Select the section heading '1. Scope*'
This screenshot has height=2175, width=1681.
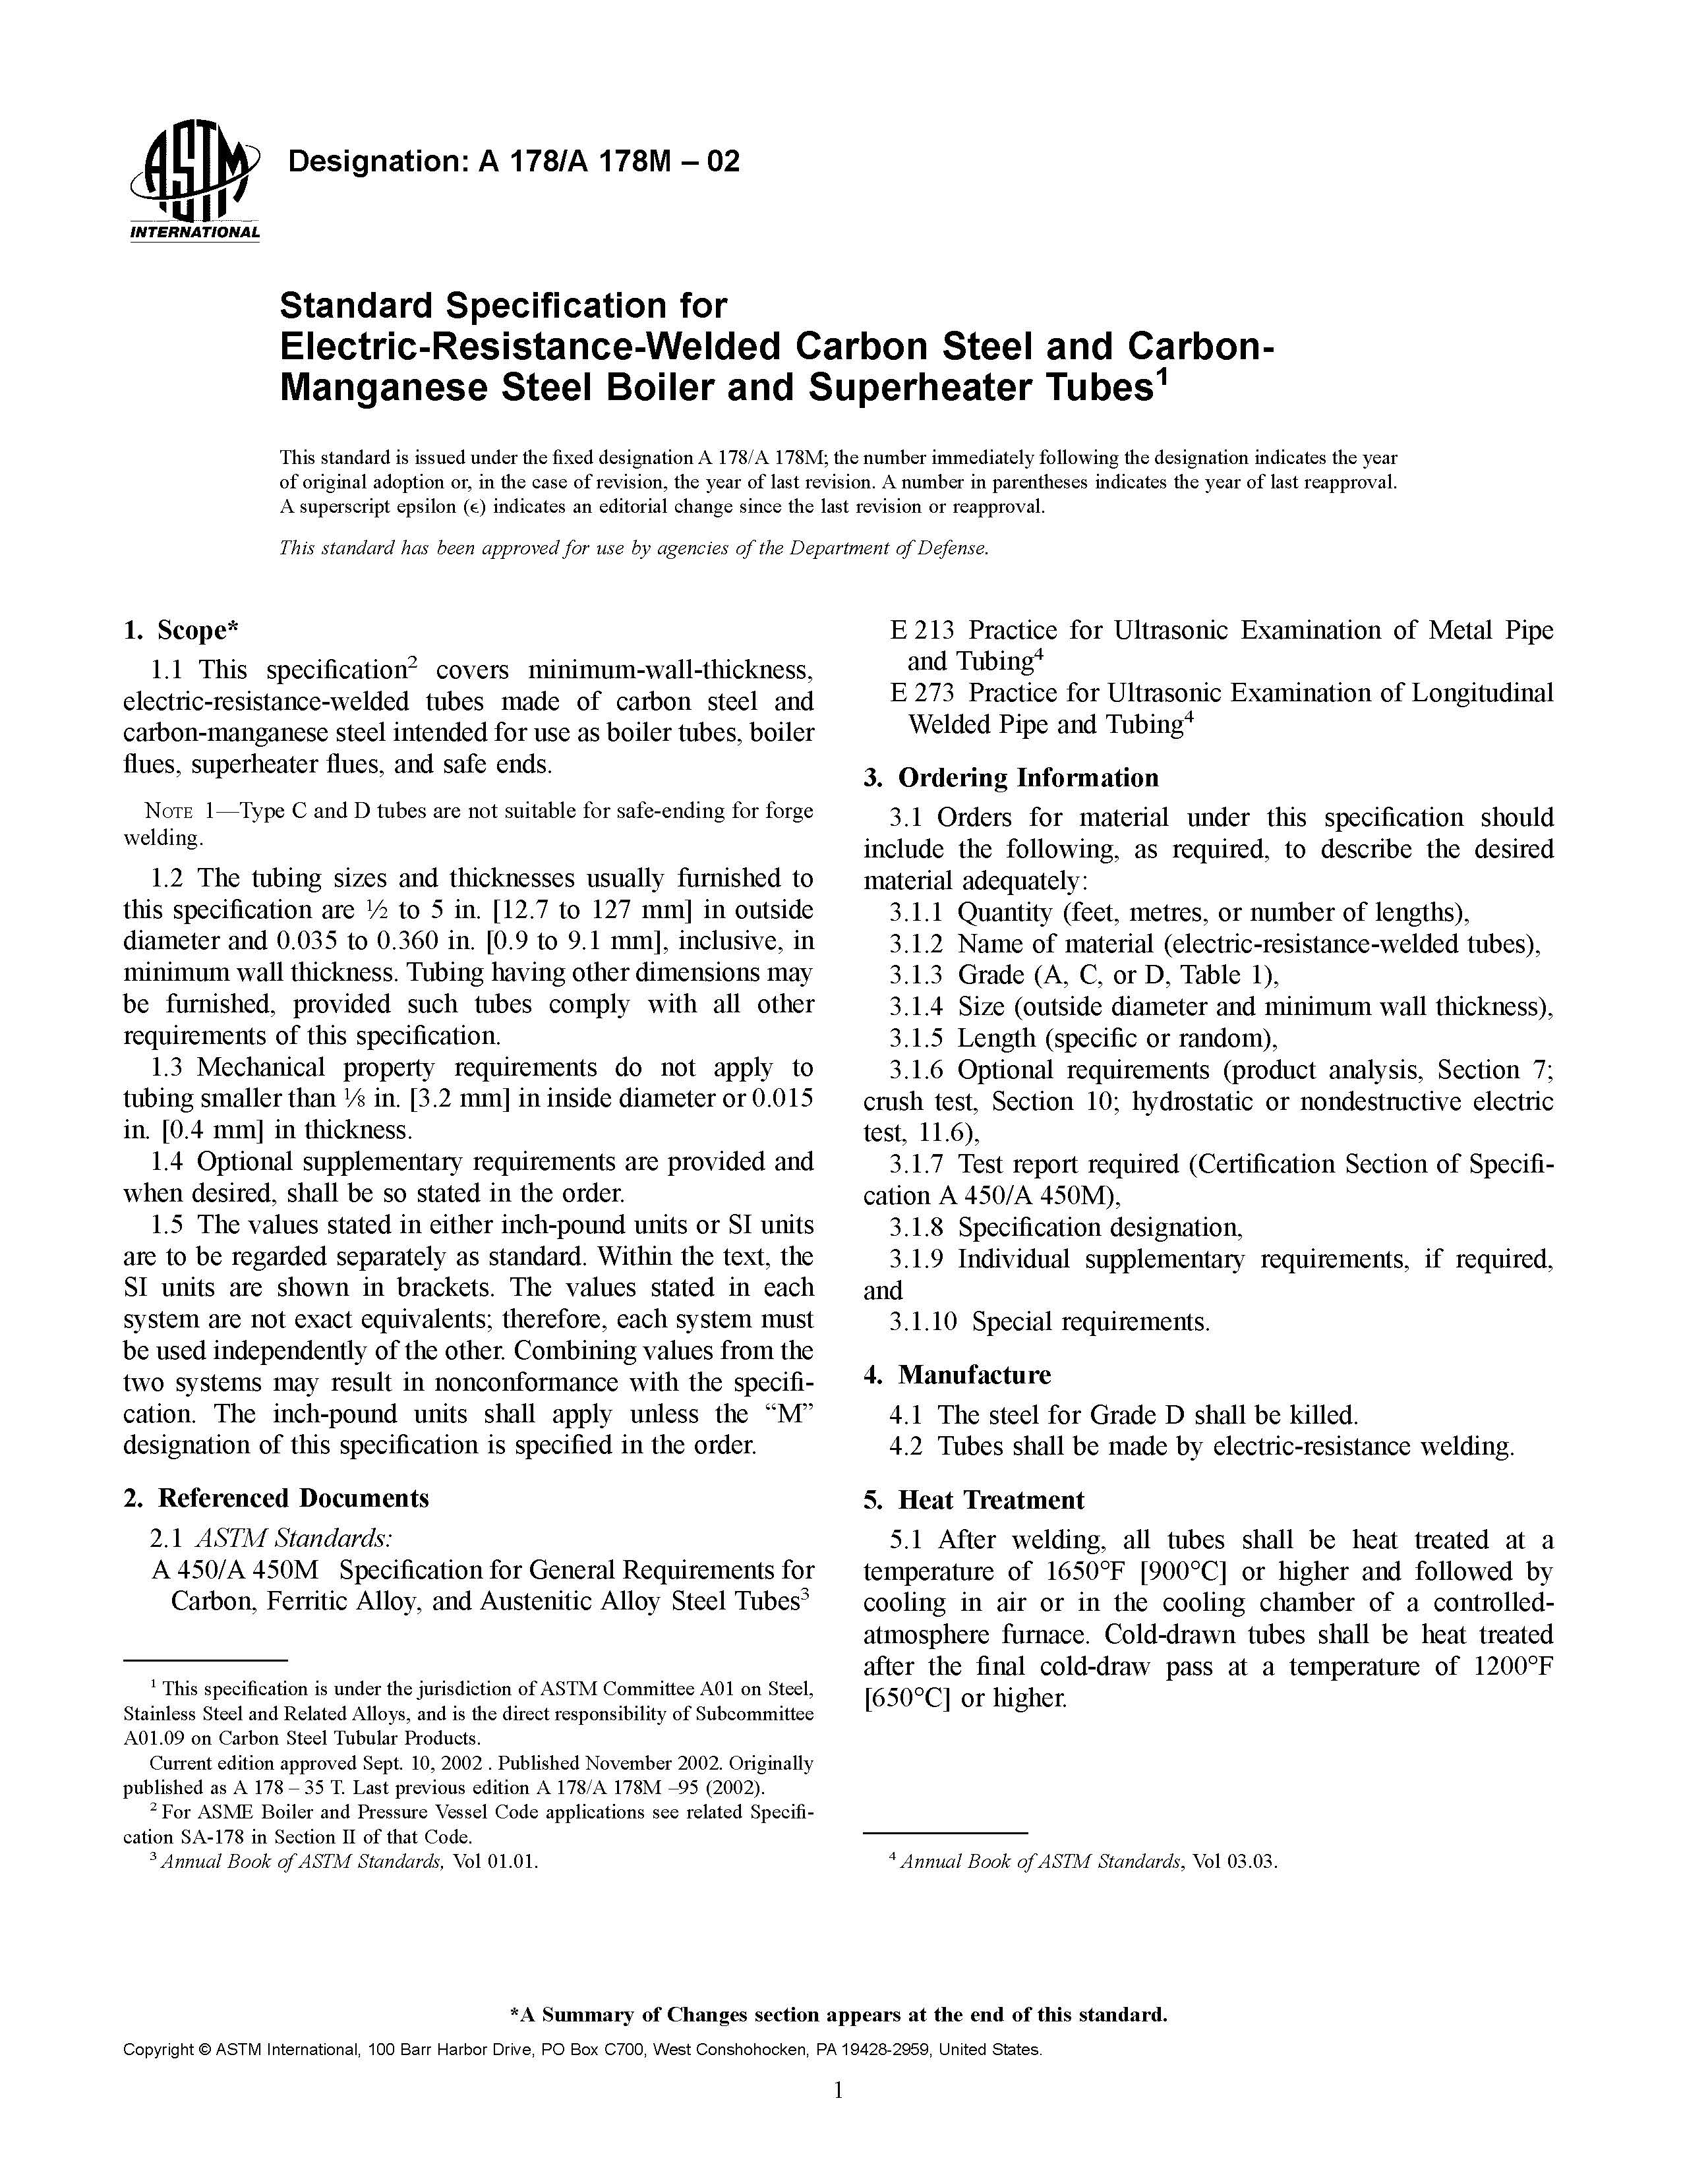(x=181, y=630)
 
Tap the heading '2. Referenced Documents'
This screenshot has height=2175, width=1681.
(x=276, y=1498)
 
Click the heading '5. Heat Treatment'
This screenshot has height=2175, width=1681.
(x=973, y=1500)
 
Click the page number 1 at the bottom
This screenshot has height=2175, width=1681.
(x=839, y=2091)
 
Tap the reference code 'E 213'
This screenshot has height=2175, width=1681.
(x=922, y=630)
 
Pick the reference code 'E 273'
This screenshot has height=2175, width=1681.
(x=922, y=693)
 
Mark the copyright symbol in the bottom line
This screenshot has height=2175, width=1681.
(x=205, y=2050)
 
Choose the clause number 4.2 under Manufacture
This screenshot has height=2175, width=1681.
(x=907, y=1446)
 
